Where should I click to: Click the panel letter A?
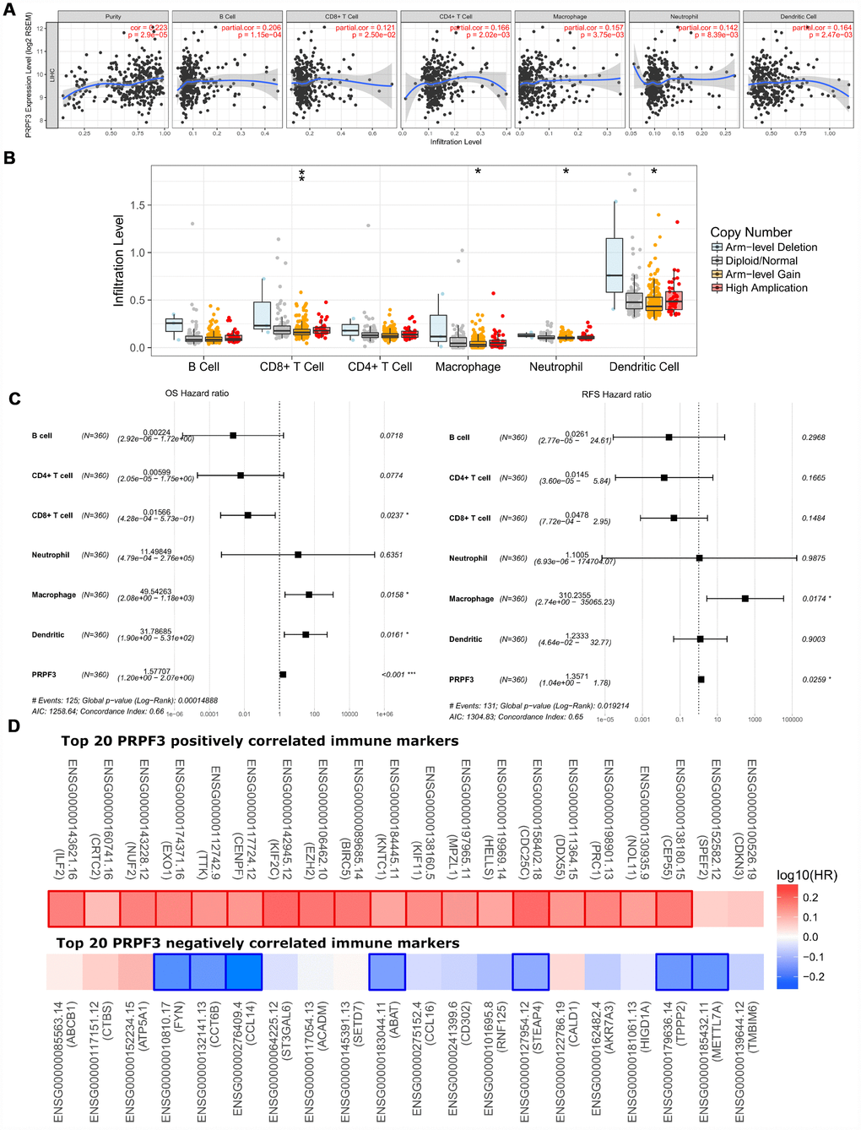click(9, 10)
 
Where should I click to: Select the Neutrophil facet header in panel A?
click(684, 17)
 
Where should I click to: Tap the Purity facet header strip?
click(113, 17)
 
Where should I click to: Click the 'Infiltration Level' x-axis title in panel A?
click(456, 142)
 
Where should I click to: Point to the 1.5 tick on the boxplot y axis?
click(138, 205)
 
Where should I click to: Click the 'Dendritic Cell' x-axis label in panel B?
click(644, 367)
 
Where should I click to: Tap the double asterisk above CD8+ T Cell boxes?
click(301, 176)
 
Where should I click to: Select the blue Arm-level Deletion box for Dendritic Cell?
click(615, 265)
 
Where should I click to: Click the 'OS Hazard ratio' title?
click(197, 394)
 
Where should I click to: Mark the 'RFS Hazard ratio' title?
click(616, 394)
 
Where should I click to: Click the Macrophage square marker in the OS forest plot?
click(309, 595)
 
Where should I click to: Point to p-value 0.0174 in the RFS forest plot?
click(814, 599)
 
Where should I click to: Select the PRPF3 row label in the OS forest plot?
click(44, 675)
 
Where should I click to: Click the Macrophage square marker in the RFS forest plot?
click(745, 599)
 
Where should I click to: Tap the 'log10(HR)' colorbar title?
click(807, 876)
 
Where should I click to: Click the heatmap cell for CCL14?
click(244, 972)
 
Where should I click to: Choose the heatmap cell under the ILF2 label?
click(66, 909)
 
